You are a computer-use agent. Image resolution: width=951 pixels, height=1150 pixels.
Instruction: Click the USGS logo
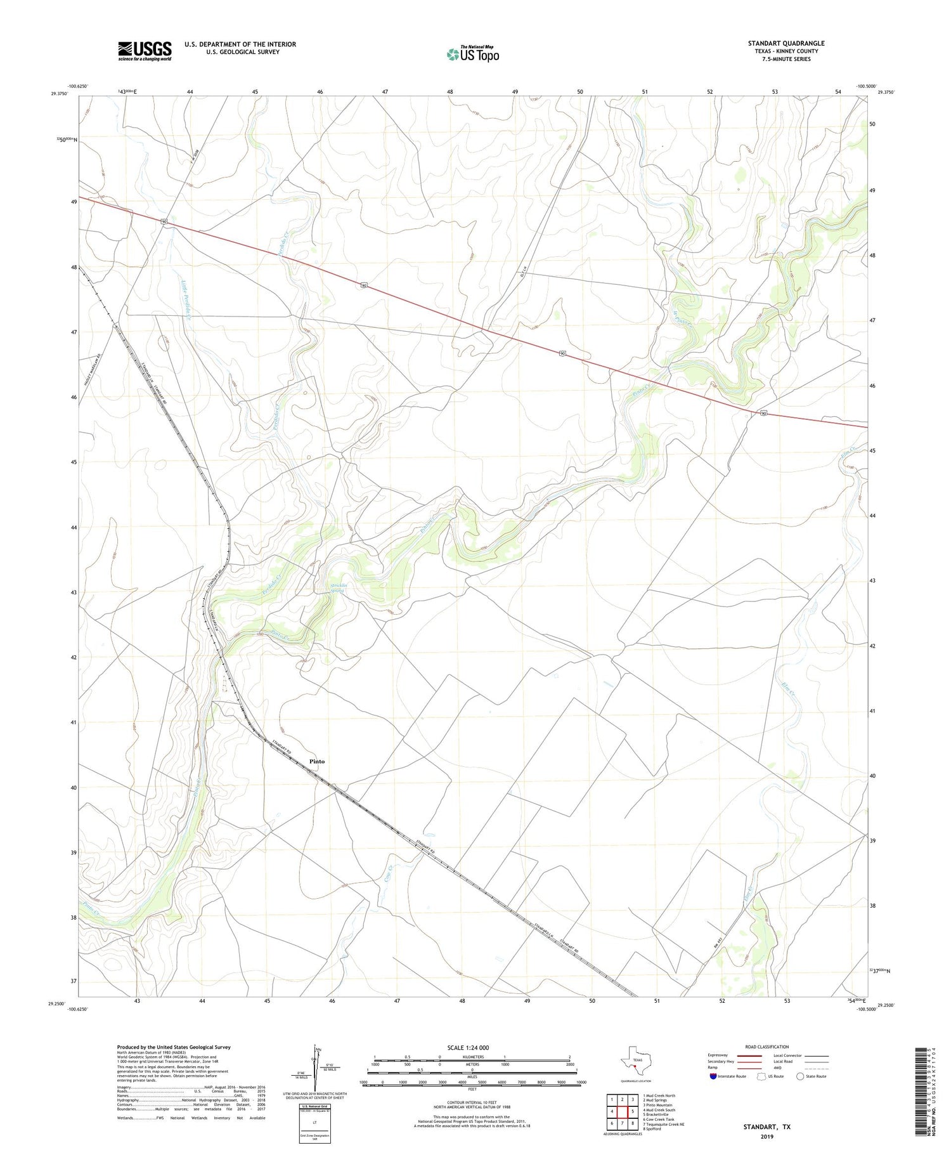coord(144,51)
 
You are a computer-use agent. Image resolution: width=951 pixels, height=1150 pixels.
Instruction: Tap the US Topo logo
coord(472,55)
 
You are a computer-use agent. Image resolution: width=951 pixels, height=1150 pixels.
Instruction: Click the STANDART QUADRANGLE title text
coord(786,43)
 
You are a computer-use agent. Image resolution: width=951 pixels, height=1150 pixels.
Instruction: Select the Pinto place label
coord(317,761)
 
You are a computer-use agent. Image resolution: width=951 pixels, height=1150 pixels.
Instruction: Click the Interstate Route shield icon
coord(713,1076)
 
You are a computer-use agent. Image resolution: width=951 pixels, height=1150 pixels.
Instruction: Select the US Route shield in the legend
coord(762,1076)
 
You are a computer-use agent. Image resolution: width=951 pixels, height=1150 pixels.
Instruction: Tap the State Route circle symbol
coord(801,1076)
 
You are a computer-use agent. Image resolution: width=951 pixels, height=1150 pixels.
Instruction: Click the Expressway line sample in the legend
coord(749,1055)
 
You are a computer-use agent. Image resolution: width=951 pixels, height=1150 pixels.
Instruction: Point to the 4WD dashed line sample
coord(817,1068)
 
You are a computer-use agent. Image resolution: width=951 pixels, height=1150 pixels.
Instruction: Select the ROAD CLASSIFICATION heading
coord(767,1047)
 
